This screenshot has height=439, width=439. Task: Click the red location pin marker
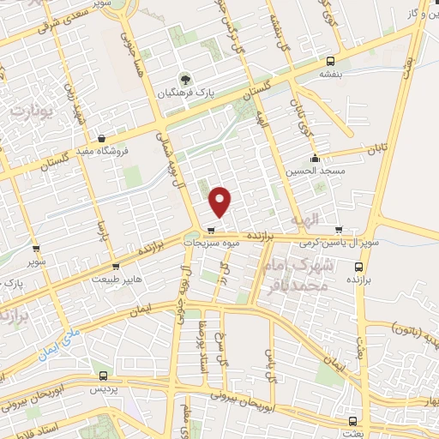tap(221, 200)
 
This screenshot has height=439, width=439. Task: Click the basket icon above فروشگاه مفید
tap(102, 138)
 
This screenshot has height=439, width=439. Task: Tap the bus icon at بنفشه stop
tap(331, 61)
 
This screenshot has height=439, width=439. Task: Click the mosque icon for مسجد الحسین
tap(316, 158)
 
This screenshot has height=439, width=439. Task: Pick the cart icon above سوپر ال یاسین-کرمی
tap(340, 230)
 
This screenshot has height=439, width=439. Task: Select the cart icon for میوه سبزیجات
tap(210, 230)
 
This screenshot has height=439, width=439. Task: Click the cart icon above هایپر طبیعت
tap(115, 267)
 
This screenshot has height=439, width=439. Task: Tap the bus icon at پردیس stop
tap(104, 376)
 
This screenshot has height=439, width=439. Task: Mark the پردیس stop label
tap(104, 388)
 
